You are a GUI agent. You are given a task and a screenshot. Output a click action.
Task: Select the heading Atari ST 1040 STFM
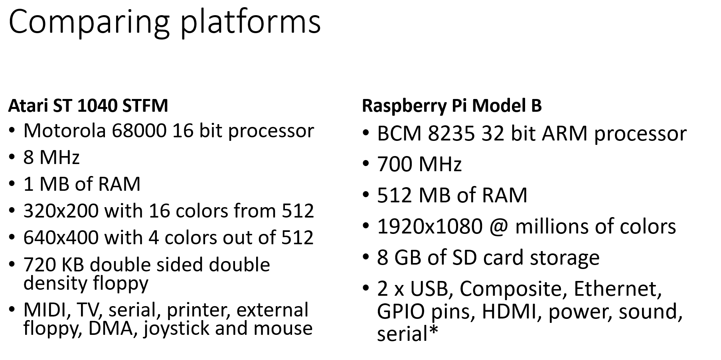(x=88, y=106)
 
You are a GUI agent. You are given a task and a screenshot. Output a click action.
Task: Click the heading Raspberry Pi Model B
(x=452, y=106)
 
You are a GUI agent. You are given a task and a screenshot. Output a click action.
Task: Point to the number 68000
(x=139, y=131)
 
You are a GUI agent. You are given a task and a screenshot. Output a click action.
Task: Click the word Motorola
(x=64, y=131)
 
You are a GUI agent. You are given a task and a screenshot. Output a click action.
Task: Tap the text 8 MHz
(x=51, y=157)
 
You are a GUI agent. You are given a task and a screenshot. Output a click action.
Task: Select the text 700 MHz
(x=419, y=164)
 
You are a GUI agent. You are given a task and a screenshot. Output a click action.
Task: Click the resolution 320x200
(x=61, y=211)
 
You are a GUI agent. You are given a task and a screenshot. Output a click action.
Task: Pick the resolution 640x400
(x=61, y=237)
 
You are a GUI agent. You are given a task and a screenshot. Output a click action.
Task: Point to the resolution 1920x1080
(x=430, y=226)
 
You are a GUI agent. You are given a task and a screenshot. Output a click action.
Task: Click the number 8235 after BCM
(x=451, y=133)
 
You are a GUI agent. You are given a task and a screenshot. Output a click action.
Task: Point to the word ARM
(x=565, y=133)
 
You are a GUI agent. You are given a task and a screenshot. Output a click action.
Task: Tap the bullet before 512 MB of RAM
(x=366, y=195)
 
